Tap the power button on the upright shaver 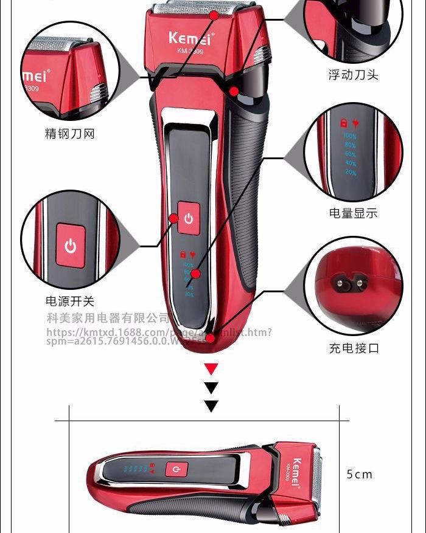188,218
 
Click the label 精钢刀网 70,134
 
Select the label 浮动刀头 353,75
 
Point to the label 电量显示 353,213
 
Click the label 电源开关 70,301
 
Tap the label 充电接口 354,348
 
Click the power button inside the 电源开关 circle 71,246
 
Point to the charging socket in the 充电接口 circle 348,282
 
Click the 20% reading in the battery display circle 351,173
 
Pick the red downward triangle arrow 211,368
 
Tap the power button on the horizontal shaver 176,469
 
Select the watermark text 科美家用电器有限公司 108,318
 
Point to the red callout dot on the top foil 214,15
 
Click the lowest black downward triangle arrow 211,406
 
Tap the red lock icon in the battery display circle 343,122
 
